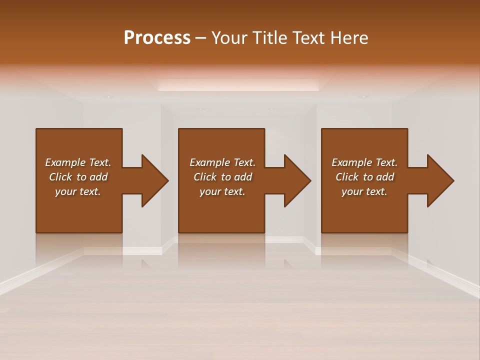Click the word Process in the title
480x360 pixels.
157,38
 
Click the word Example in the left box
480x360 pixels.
65,162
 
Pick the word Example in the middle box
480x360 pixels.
209,162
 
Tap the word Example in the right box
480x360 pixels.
351,162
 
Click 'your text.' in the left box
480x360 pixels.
78,191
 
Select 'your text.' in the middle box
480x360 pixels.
222,191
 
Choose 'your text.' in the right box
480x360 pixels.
364,191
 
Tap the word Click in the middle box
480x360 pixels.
204,177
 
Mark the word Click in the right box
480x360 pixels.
346,177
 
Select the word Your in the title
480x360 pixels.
228,38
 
